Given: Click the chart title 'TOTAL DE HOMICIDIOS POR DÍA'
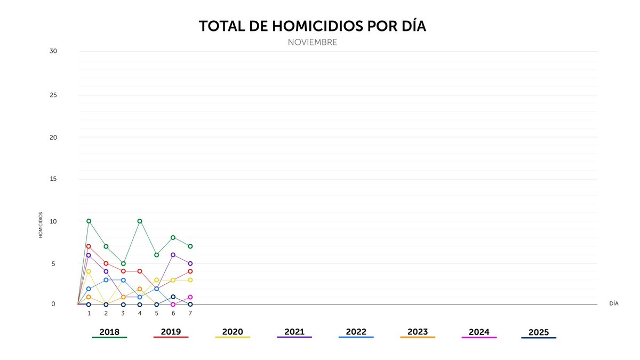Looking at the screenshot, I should click(x=312, y=27).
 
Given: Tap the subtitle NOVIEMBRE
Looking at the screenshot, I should click(x=312, y=42).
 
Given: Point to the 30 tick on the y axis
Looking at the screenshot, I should click(x=53, y=51).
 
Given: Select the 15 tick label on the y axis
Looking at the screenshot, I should click(x=53, y=179).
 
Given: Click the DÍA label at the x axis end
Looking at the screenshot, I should click(x=614, y=303).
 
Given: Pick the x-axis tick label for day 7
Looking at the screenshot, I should click(x=190, y=314).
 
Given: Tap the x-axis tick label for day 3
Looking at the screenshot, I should click(x=123, y=314).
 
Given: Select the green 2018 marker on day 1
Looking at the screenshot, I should click(x=89, y=221).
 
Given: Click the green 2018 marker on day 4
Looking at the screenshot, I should click(x=140, y=221).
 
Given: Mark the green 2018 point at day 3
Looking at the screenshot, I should click(x=123, y=263).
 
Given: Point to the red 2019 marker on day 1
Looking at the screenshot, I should click(x=89, y=246).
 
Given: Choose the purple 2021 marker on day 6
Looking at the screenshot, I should click(x=173, y=255).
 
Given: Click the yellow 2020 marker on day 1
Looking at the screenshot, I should click(x=89, y=271).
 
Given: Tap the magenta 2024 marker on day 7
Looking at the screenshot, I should click(x=190, y=297).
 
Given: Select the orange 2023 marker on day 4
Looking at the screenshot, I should click(x=140, y=289).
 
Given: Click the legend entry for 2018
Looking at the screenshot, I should click(x=109, y=332).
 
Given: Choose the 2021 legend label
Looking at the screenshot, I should click(x=294, y=332).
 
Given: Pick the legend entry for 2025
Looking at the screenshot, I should click(x=539, y=333).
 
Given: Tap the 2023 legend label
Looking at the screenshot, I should click(x=418, y=332).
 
